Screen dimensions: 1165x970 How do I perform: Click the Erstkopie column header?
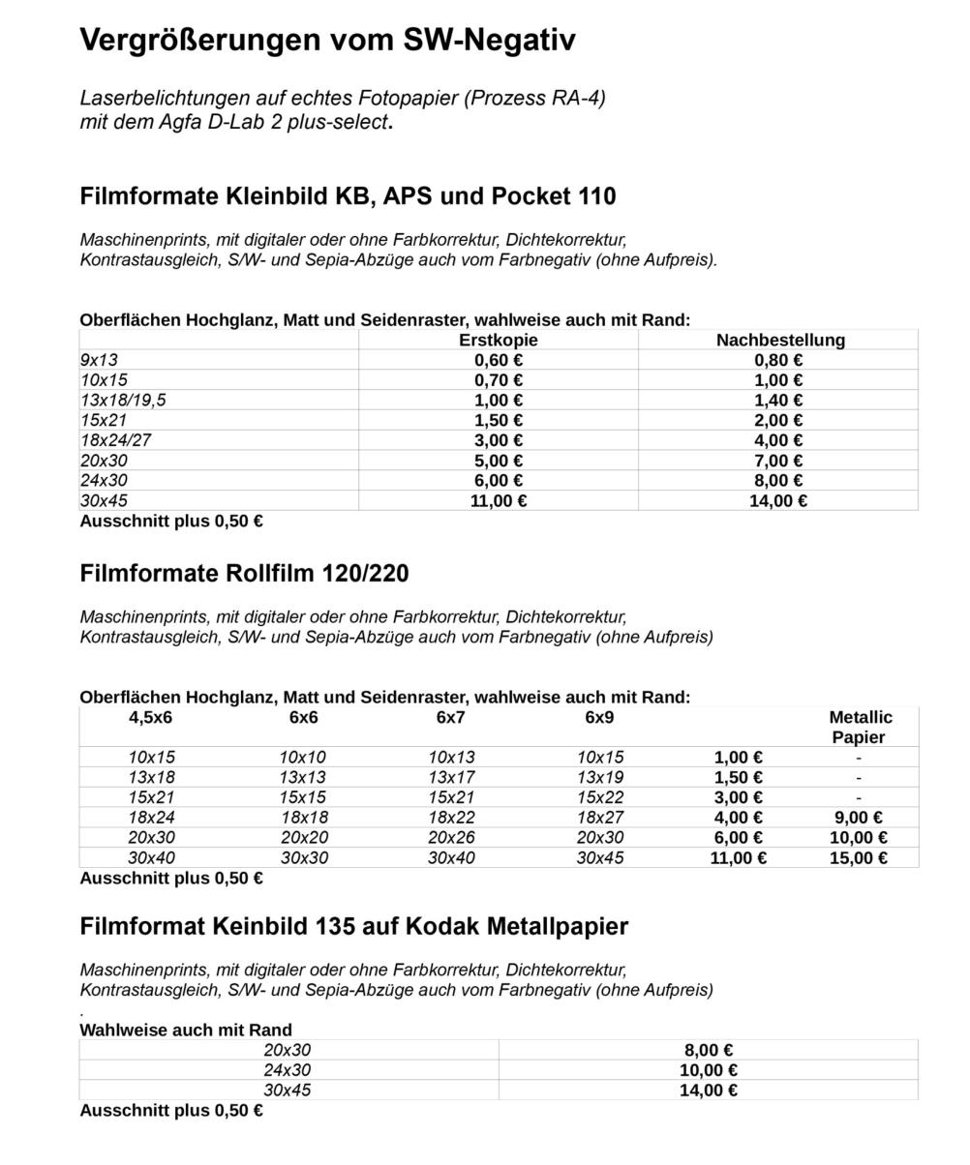pyautogui.click(x=498, y=340)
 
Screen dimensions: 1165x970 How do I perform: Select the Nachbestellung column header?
pyautogui.click(x=780, y=340)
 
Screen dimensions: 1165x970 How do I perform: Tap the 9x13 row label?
pyautogui.click(x=99, y=360)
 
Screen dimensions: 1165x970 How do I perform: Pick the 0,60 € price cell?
pyautogui.click(x=498, y=360)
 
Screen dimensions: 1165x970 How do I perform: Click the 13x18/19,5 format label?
pyautogui.click(x=123, y=401)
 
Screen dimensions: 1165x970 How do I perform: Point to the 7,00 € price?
pyautogui.click(x=778, y=461)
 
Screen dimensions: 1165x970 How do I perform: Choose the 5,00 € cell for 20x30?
pyautogui.click(x=498, y=461)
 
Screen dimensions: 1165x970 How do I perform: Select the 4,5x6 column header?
pyautogui.click(x=150, y=717)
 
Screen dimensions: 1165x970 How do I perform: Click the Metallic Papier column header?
pyautogui.click(x=860, y=727)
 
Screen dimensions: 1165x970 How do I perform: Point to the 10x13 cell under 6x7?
pyautogui.click(x=451, y=758)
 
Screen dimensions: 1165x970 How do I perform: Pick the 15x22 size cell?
pyautogui.click(x=600, y=797)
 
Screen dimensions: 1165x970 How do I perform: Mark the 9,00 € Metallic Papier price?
pyautogui.click(x=858, y=818)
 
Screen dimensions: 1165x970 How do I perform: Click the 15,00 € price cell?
pyautogui.click(x=858, y=858)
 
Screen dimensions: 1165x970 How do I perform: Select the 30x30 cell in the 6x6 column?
pyautogui.click(x=304, y=858)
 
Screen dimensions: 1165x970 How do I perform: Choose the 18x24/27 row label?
pyautogui.click(x=115, y=440)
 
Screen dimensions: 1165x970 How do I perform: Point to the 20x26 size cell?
pyautogui.click(x=451, y=838)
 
